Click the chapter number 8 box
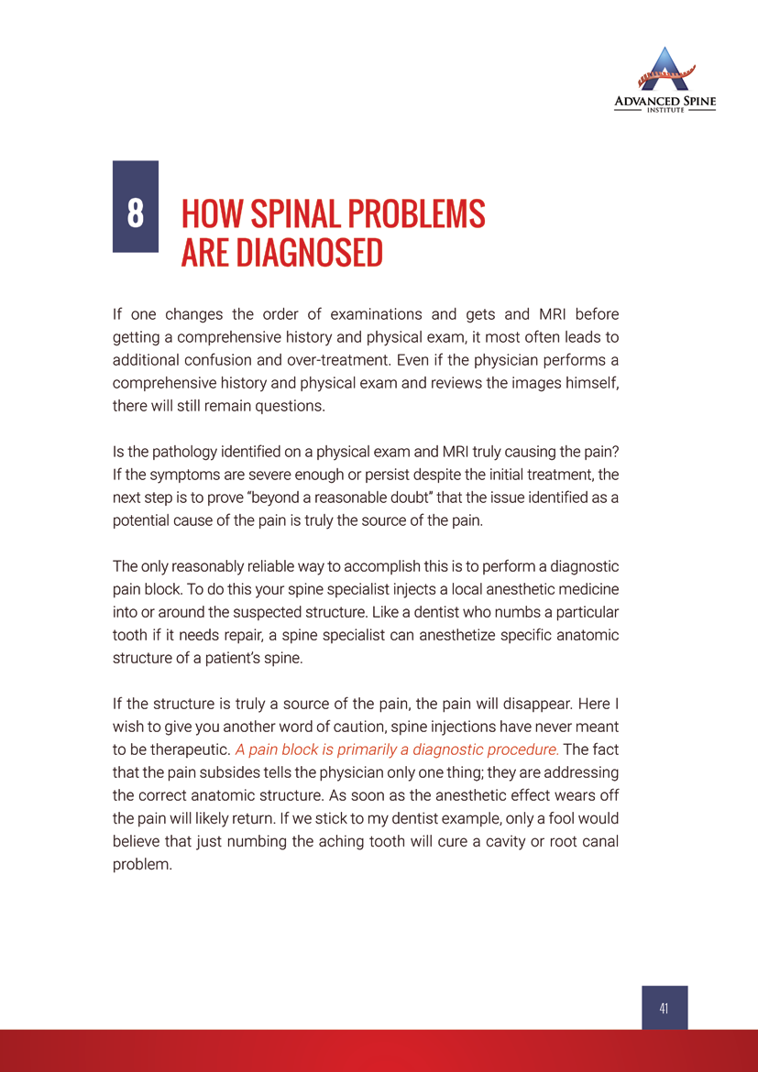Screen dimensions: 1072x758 136,207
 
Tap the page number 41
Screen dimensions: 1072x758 664,1008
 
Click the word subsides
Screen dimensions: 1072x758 241,772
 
